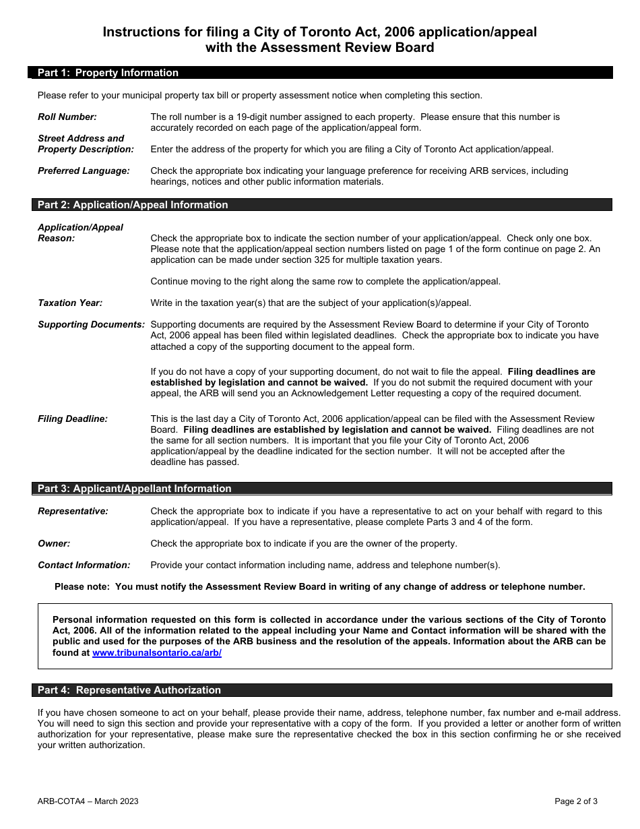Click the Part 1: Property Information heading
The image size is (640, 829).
coord(108,73)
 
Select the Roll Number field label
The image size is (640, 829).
coord(67,117)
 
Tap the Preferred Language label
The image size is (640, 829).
coord(84,171)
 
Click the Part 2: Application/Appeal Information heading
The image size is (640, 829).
coord(133,205)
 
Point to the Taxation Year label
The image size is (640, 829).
coord(70,303)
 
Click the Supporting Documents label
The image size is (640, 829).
coord(91,324)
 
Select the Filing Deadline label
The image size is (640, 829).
coord(73,419)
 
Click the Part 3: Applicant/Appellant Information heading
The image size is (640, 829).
coord(134,489)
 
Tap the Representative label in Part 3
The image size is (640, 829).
coord(73,511)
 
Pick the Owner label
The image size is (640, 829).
coord(54,543)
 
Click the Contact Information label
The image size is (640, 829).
coord(84,565)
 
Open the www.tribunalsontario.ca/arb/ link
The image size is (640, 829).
coord(157,653)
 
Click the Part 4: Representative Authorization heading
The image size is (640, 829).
coord(129,690)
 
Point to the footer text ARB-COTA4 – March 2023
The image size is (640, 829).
coord(88,801)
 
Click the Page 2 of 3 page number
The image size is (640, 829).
coord(576,801)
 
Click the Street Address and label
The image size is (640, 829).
coord(81,138)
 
